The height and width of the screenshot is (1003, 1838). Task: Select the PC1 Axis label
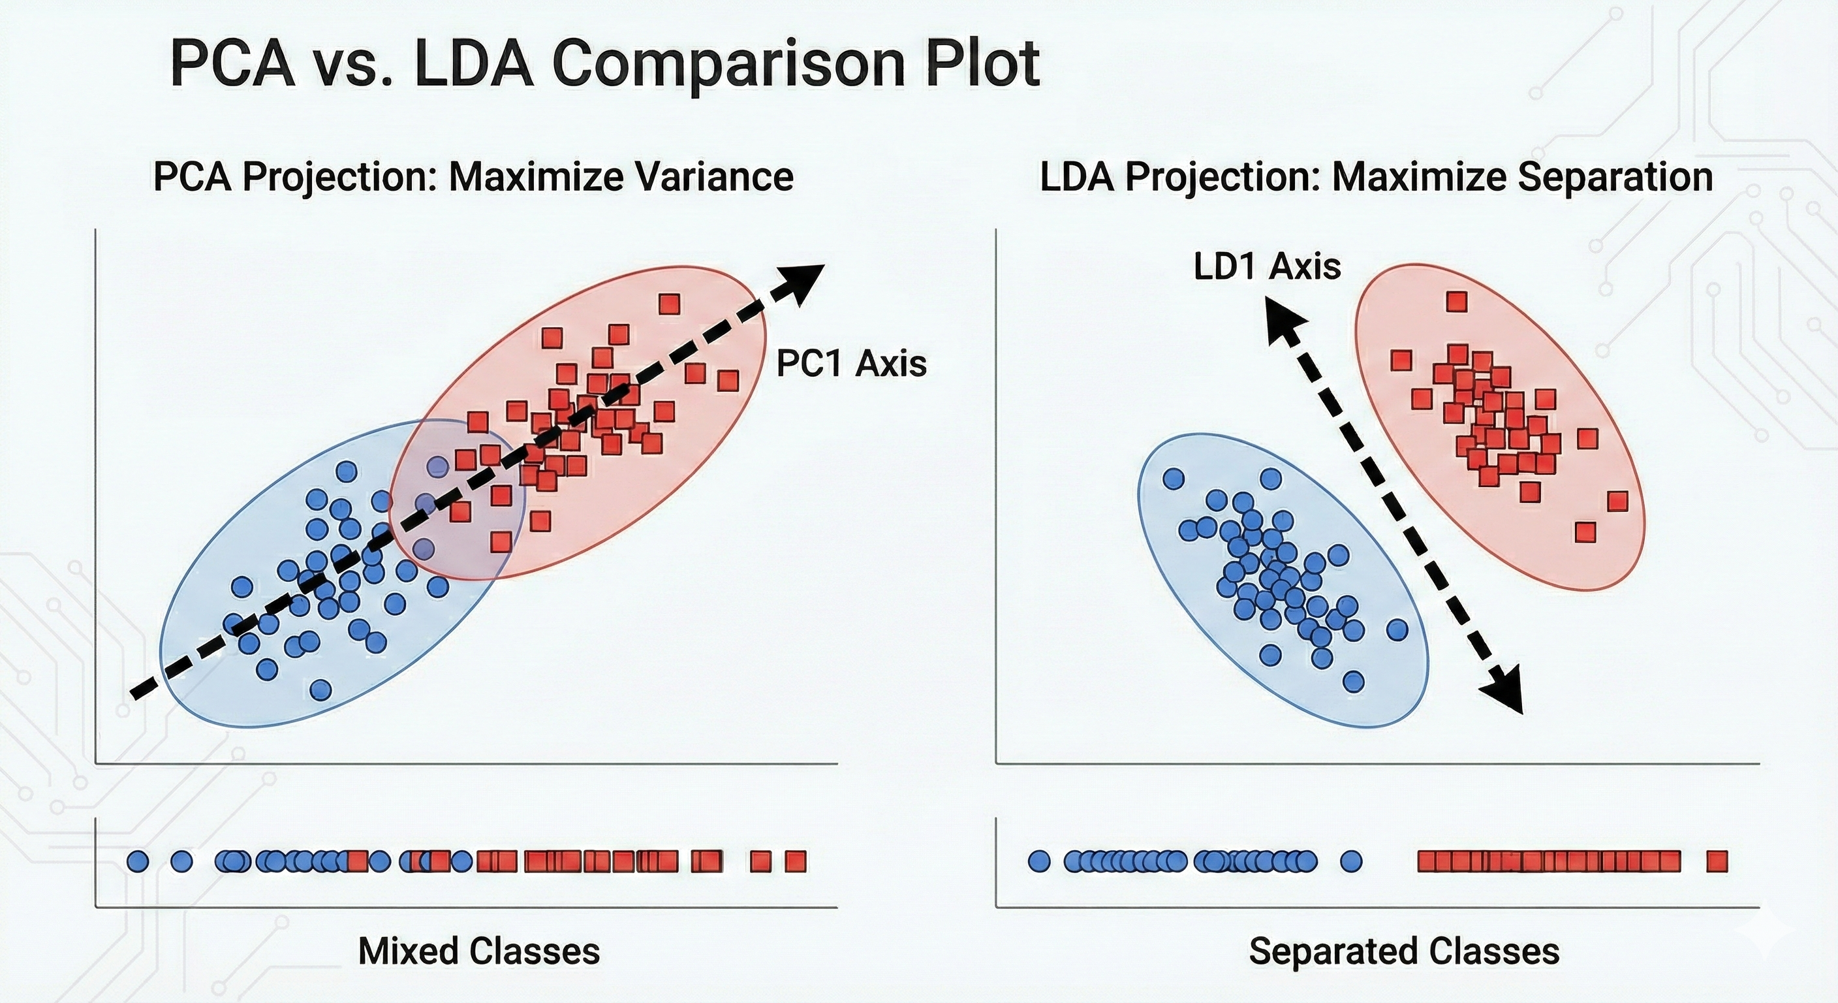[x=850, y=363]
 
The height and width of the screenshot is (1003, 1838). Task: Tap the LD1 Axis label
[x=1267, y=266]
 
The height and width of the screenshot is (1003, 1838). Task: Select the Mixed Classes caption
[x=479, y=951]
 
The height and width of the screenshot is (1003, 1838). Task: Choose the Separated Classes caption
[x=1404, y=951]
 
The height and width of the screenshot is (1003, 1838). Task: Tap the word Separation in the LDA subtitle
[x=1615, y=176]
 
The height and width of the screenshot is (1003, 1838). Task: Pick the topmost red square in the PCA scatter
[x=668, y=304]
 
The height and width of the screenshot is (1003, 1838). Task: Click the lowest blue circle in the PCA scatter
[x=321, y=690]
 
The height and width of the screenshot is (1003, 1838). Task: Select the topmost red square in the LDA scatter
[x=1456, y=302]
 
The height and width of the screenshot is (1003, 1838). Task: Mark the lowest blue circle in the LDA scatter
[x=1353, y=681]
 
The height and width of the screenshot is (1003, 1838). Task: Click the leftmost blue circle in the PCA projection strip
[x=138, y=862]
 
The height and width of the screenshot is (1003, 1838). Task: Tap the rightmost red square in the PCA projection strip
[x=795, y=862]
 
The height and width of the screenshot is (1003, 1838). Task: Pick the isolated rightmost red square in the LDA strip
[x=1717, y=862]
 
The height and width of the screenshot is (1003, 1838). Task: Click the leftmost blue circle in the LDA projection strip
[x=1040, y=862]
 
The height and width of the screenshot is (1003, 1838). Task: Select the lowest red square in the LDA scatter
[x=1585, y=532]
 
